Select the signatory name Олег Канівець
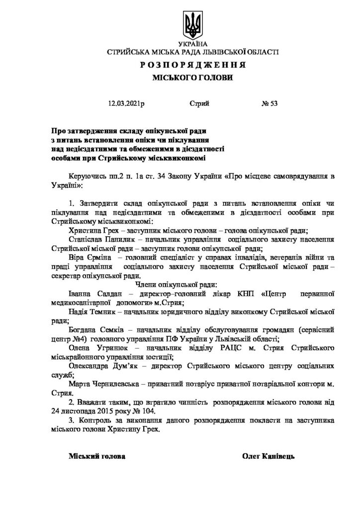[x=269, y=456]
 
